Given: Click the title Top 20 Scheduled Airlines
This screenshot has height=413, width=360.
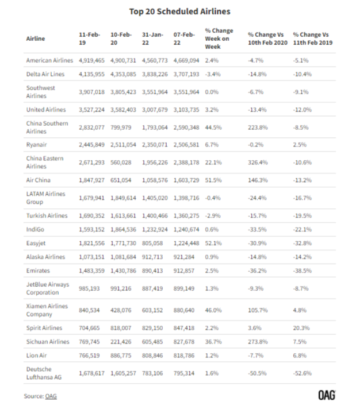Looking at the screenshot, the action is (x=179, y=11).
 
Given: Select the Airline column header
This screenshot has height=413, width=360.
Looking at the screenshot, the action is (x=35, y=38).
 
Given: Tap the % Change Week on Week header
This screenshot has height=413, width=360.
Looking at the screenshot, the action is (x=219, y=38).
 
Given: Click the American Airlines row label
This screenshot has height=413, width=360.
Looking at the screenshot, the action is (x=49, y=60).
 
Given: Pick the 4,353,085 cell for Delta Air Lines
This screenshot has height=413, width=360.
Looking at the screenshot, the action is (x=123, y=74).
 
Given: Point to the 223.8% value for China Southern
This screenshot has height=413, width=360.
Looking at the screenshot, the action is (x=258, y=128).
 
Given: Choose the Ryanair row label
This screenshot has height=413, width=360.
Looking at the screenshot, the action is (x=36, y=145).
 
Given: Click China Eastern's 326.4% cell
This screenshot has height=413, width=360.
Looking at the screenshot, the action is (x=258, y=163).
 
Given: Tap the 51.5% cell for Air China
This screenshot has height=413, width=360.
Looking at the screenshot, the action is (x=213, y=180).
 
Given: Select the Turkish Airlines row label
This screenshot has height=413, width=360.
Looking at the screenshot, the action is (x=47, y=216).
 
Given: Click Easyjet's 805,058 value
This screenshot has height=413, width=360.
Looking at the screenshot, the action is (x=152, y=243).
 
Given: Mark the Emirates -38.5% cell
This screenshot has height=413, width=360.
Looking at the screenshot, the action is (x=302, y=271).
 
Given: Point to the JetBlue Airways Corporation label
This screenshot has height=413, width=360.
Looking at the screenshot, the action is (x=48, y=288).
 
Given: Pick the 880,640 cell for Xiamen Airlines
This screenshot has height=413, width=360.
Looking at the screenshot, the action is (x=184, y=310).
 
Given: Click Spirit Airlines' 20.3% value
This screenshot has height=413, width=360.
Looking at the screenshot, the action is (x=301, y=328).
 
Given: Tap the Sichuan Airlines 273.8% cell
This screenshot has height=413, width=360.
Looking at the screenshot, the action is (x=258, y=342).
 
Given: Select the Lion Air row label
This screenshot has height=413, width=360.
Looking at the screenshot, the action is (x=36, y=356).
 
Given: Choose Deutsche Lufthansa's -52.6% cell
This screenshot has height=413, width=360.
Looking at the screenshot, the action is (x=302, y=373).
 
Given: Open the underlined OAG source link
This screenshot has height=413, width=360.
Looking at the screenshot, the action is (x=51, y=396).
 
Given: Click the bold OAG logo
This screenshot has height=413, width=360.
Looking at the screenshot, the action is (x=327, y=395).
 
